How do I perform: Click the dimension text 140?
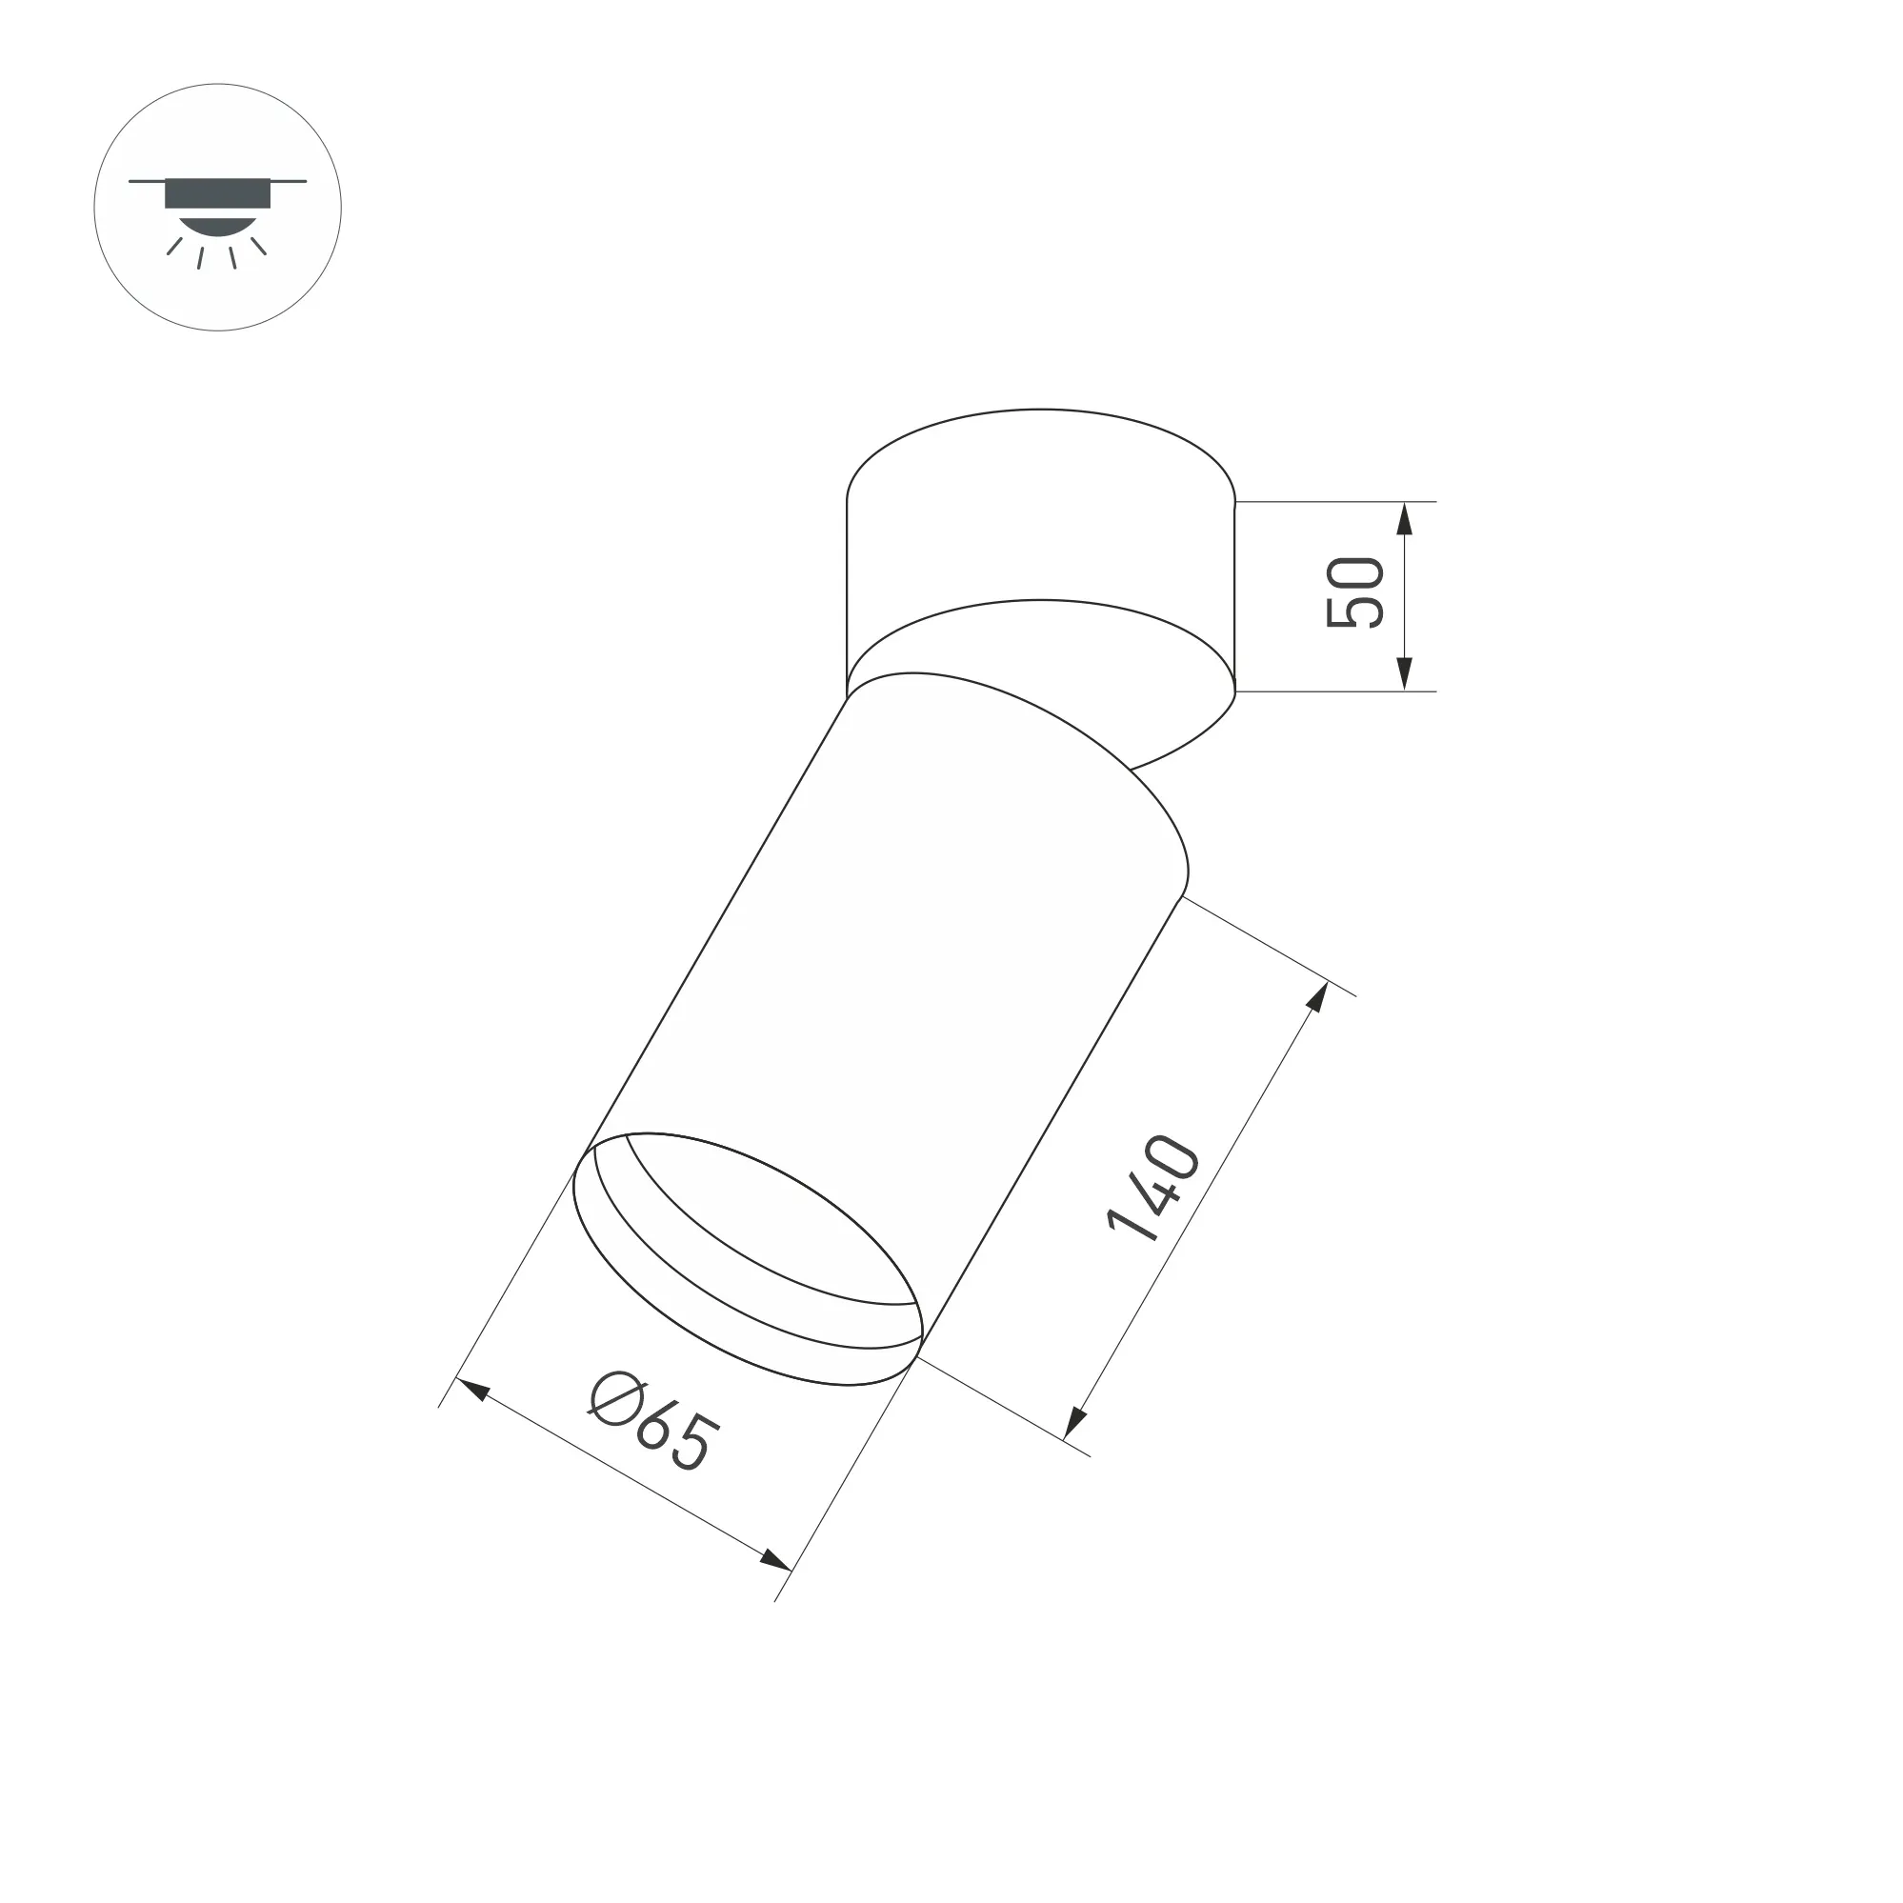[x=1153, y=1188]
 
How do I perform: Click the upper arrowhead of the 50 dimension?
[x=1405, y=517]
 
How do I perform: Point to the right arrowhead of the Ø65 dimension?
[x=775, y=1560]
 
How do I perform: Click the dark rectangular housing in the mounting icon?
[x=217, y=193]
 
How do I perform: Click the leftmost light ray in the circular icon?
[x=174, y=246]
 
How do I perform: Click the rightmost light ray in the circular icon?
[x=258, y=246]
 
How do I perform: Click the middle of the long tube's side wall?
[x=887, y=985]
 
